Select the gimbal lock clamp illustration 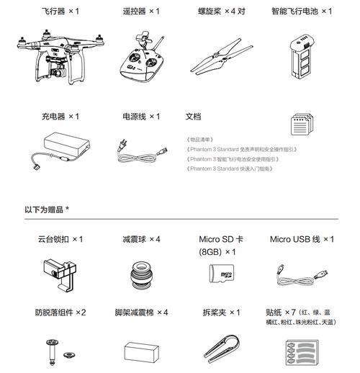pos(56,273)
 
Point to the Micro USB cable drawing pos(300,272)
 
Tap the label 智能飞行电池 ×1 pos(302,12)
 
